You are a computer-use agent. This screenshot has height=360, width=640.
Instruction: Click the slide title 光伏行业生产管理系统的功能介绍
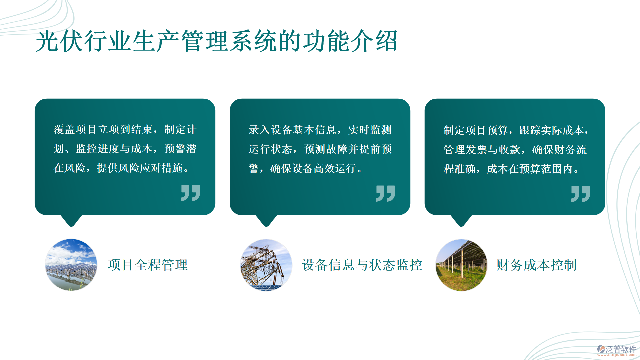point(216,41)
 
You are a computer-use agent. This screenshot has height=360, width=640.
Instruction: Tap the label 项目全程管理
point(148,265)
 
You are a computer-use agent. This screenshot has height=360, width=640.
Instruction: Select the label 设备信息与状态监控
point(362,265)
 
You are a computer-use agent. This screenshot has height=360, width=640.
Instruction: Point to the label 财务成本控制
point(536,265)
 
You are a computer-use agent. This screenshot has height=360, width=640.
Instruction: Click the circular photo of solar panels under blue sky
point(71,265)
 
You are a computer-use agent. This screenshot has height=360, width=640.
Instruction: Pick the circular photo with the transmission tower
point(266,265)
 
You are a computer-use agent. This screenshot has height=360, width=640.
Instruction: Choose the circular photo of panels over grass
point(461,265)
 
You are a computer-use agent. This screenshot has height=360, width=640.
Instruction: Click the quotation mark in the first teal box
point(191,193)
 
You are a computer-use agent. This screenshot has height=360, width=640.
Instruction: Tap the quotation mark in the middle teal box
point(386,193)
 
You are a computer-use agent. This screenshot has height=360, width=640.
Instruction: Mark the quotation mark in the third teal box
point(581,194)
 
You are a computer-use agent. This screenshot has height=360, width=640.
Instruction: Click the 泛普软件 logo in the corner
point(617,350)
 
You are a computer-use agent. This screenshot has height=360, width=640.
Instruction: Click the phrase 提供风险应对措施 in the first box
point(140,168)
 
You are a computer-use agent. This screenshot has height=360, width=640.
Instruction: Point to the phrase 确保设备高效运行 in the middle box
point(313,168)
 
